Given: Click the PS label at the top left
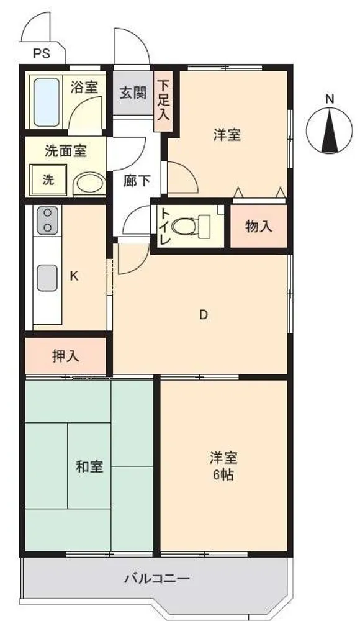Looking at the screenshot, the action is coord(42,53).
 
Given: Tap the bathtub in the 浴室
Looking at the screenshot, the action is coord(47,101).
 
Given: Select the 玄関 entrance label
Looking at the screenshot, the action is coord(133,94).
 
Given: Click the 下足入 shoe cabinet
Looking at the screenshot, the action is coord(163,101).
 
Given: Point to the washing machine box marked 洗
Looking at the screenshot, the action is coord(48,180).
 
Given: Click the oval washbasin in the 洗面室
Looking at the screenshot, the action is coord(89,183).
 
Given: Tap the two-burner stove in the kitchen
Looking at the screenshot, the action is coord(48,220).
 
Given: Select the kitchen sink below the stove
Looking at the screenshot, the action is coord(48,278).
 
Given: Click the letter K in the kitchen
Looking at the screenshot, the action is coord(74,276).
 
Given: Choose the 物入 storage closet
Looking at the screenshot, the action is coord(259,227).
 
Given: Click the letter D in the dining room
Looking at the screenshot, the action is coord(203,315).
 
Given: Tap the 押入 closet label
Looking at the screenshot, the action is coord(66,356).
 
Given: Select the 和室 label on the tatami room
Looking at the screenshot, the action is coord(89,466).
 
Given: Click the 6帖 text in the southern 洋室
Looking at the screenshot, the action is coord(223,475).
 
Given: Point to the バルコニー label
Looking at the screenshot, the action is coord(158,579).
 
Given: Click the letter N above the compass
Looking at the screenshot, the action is coord(330,99).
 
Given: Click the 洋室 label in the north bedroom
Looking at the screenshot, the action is coord(227,135).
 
